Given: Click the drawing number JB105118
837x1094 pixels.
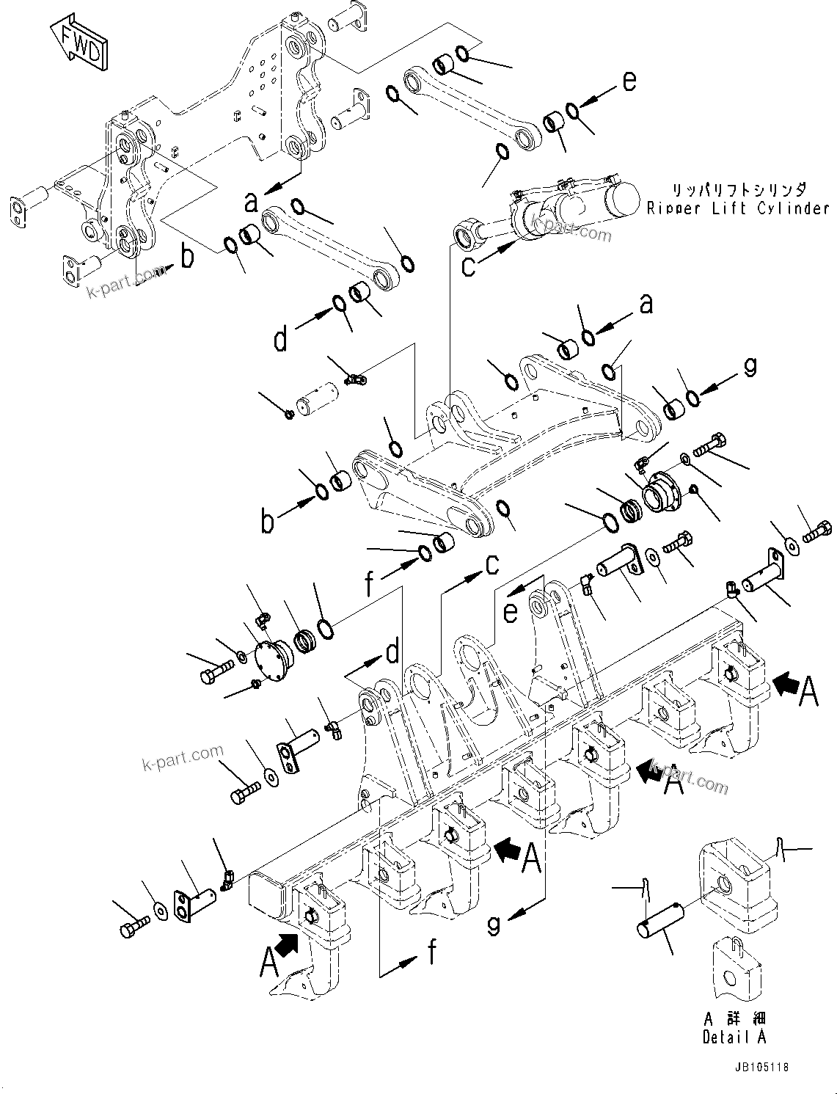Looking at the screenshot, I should pos(761,1068).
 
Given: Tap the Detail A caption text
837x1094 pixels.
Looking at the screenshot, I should pos(734,1037).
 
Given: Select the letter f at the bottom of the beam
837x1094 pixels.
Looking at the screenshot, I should pos(433,952).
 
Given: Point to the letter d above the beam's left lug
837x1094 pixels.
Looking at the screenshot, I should pos(392,652).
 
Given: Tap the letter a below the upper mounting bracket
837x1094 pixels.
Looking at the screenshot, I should pos(252,202).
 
